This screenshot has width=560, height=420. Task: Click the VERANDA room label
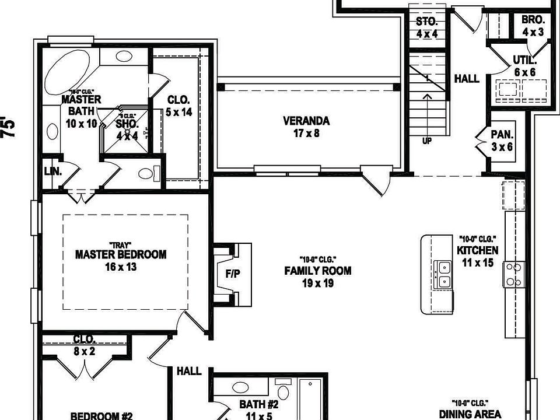click(x=306, y=127)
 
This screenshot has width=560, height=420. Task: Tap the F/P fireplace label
click(x=233, y=274)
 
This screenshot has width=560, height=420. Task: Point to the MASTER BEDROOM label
click(x=121, y=260)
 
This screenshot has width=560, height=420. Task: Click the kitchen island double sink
click(x=444, y=275)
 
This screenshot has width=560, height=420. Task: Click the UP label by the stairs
click(x=427, y=141)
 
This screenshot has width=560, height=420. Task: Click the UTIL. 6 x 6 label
click(x=524, y=65)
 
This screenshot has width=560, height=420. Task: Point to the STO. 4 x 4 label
click(x=427, y=27)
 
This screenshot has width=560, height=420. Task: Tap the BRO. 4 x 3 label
click(x=533, y=26)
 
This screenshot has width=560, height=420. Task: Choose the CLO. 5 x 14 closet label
click(x=178, y=106)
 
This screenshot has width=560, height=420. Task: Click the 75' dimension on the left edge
click(x=7, y=127)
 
